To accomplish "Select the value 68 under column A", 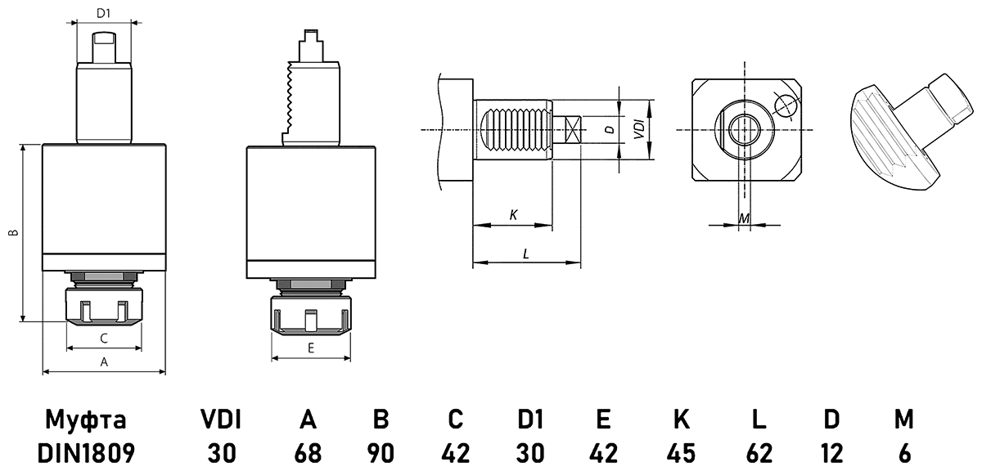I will (308, 452).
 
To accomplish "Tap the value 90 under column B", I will (381, 452).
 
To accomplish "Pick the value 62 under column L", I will (759, 452).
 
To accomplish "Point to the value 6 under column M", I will (903, 452).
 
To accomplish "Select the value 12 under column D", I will (831, 452).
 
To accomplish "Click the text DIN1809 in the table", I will (86, 452).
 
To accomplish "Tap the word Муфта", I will (86, 420).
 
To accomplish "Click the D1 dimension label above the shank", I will (103, 13).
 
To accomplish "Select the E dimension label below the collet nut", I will (311, 348).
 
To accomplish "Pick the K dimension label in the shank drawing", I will (513, 215).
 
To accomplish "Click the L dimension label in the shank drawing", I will (525, 253).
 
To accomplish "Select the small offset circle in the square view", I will (784, 107).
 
